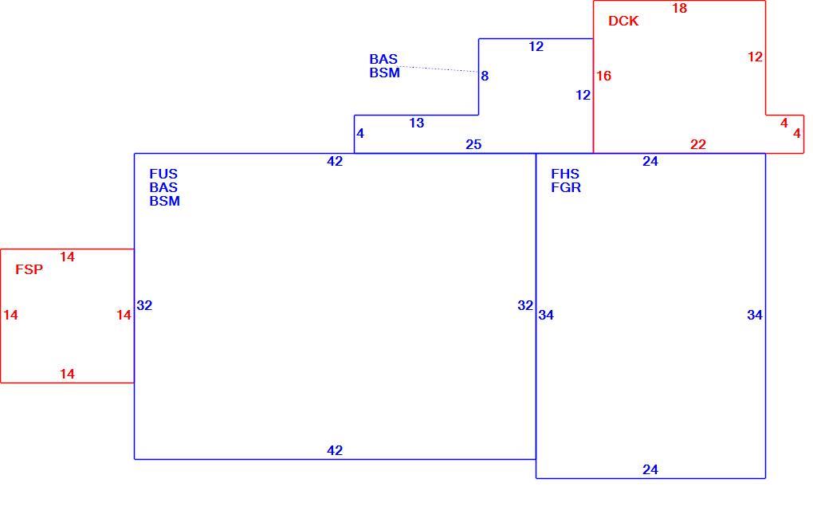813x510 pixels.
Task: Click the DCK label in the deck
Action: tap(623, 22)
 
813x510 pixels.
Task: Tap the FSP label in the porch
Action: tap(29, 269)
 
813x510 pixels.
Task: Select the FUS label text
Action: tap(163, 174)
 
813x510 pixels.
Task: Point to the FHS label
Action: tap(565, 174)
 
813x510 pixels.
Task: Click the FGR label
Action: tap(566, 187)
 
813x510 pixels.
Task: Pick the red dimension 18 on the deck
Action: tap(679, 8)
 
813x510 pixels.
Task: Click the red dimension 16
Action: tap(603, 76)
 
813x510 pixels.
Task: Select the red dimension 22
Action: tap(698, 144)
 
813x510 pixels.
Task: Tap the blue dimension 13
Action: tap(416, 124)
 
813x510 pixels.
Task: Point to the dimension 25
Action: tap(473, 144)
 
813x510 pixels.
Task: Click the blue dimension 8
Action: tap(485, 76)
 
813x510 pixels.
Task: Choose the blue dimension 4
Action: tap(360, 134)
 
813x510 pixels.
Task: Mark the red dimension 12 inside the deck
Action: tap(755, 57)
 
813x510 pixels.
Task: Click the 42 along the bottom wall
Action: tap(335, 450)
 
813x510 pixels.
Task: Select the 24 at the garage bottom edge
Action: tap(650, 469)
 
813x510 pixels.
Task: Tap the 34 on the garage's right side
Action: tap(755, 315)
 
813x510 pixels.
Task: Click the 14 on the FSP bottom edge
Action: tap(67, 375)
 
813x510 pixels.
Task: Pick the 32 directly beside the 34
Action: tap(525, 306)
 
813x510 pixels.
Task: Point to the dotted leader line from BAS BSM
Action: tap(438, 69)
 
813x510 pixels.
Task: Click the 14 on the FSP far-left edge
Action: tap(10, 315)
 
